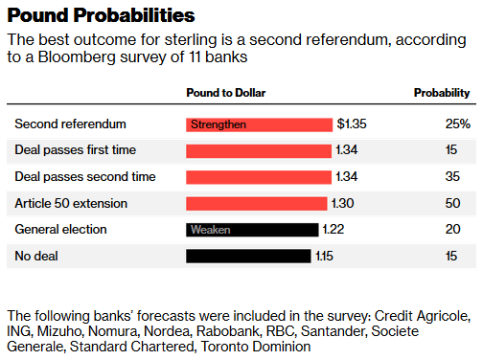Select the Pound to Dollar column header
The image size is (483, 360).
(225, 94)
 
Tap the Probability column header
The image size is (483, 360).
(442, 94)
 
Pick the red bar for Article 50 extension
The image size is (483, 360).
(256, 203)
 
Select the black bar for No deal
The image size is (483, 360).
(248, 256)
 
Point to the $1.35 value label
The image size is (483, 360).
(352, 124)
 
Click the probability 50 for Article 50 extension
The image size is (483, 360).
(462, 203)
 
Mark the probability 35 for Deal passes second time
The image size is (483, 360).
(462, 177)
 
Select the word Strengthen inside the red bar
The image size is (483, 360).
(218, 124)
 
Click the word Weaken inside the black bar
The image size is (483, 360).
(210, 230)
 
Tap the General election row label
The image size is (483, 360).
(60, 230)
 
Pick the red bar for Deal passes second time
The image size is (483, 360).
(258, 177)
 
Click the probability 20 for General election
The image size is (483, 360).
(462, 230)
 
